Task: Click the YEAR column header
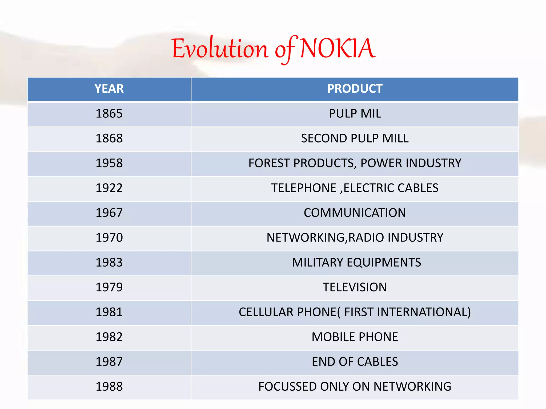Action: [x=109, y=89]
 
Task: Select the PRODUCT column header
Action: [x=355, y=89]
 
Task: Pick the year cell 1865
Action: [x=109, y=114]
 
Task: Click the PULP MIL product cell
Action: [x=355, y=114]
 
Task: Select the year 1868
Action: [x=109, y=138]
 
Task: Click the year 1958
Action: [x=109, y=163]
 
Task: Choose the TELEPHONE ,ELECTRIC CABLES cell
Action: [x=355, y=188]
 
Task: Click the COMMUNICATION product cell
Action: [x=355, y=213]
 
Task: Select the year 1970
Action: [x=109, y=238]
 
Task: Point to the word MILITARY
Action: [x=317, y=263]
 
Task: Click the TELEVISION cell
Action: [x=355, y=287]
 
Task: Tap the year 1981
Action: [x=109, y=312]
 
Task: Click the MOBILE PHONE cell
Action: [x=355, y=337]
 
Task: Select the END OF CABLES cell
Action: [x=355, y=362]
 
